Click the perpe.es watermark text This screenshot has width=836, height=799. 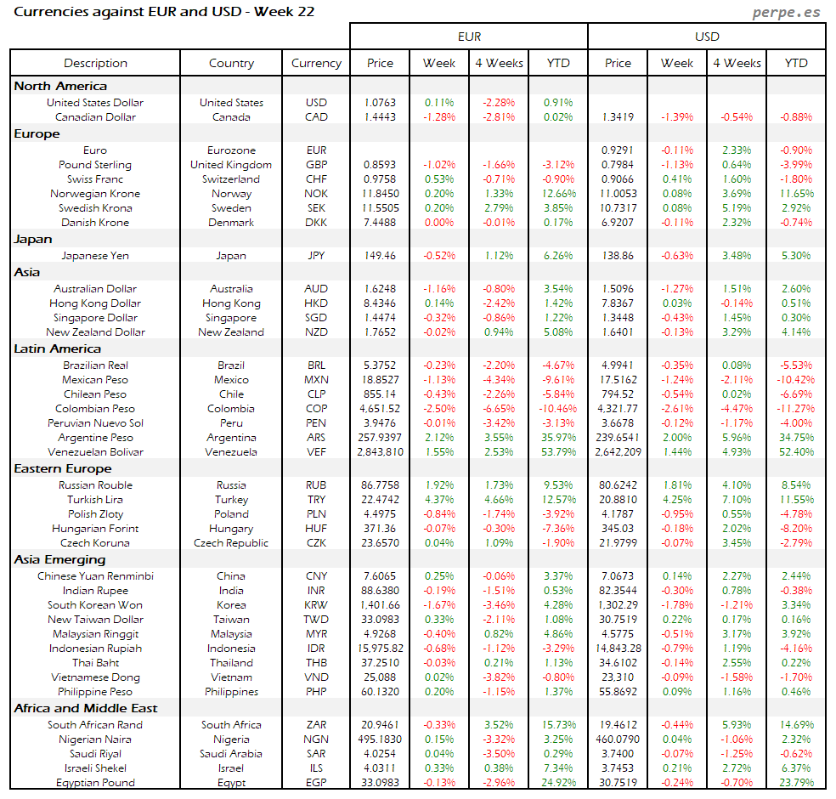pyautogui.click(x=788, y=13)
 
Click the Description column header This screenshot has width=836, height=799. pyautogui.click(x=95, y=63)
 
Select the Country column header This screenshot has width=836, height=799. pyautogui.click(x=231, y=63)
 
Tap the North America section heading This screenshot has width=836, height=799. pyautogui.click(x=60, y=86)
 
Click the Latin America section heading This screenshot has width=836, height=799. pyautogui.click(x=57, y=348)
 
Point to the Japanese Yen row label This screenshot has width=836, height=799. pyautogui.click(x=95, y=255)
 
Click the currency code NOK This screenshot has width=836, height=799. pyautogui.click(x=316, y=194)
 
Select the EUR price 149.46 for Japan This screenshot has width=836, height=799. pyautogui.click(x=380, y=255)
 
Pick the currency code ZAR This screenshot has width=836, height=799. pyautogui.click(x=316, y=725)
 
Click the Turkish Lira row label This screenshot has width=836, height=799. pyautogui.click(x=95, y=500)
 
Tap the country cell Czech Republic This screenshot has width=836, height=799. pyautogui.click(x=231, y=543)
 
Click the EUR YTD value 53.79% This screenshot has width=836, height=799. pyautogui.click(x=558, y=452)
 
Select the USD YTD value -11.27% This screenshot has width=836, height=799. pyautogui.click(x=796, y=409)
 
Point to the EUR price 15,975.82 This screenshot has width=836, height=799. pyautogui.click(x=380, y=649)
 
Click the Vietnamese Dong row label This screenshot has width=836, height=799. pyautogui.click(x=95, y=677)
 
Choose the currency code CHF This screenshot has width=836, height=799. pyautogui.click(x=316, y=179)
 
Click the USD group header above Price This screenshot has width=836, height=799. pyautogui.click(x=707, y=37)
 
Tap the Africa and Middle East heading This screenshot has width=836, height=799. pyautogui.click(x=86, y=708)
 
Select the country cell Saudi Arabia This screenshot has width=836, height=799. pyautogui.click(x=231, y=754)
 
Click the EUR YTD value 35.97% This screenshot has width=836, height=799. pyautogui.click(x=558, y=438)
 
